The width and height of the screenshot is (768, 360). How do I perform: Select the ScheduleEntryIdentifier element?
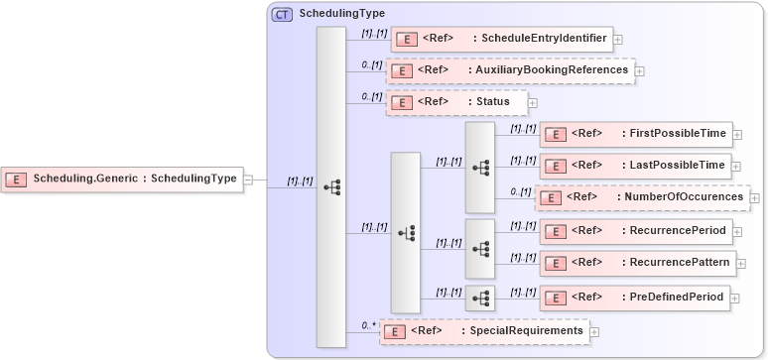(500, 39)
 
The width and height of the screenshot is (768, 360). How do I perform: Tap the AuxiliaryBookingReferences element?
(510, 71)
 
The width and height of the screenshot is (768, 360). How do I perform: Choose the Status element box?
(456, 102)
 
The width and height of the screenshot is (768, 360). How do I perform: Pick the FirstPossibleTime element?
(635, 134)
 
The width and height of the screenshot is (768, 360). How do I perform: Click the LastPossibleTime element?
(635, 165)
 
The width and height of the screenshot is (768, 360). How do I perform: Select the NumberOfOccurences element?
(642, 197)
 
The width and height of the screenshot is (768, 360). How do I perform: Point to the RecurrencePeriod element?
(635, 231)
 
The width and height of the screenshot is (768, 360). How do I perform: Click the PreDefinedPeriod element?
(635, 298)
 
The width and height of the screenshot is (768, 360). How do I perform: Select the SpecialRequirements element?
(484, 331)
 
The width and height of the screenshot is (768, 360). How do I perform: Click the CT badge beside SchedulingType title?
(282, 15)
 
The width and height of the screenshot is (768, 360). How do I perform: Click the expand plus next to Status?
(533, 102)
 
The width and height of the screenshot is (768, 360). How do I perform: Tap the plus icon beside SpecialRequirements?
(594, 331)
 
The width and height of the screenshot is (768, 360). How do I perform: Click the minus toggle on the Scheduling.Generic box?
(248, 180)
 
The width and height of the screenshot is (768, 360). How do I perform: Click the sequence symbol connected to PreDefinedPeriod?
(480, 298)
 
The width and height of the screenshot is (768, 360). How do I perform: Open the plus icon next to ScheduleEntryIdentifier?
(618, 40)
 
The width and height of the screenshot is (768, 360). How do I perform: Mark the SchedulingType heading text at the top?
(342, 14)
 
